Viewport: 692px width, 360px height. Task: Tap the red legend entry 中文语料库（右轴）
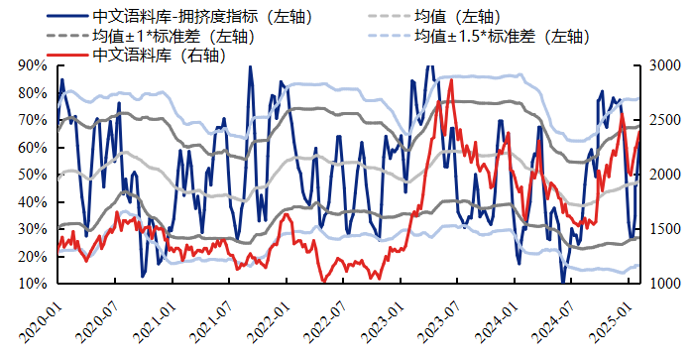pos(159,56)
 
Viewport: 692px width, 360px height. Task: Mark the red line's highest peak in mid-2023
pos(452,79)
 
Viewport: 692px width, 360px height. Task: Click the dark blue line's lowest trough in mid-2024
pos(563,282)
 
